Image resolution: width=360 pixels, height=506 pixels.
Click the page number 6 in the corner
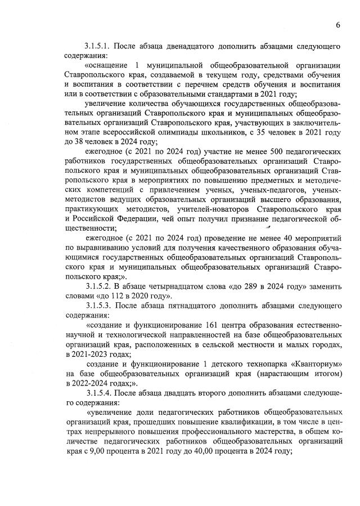[x=339, y=25]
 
